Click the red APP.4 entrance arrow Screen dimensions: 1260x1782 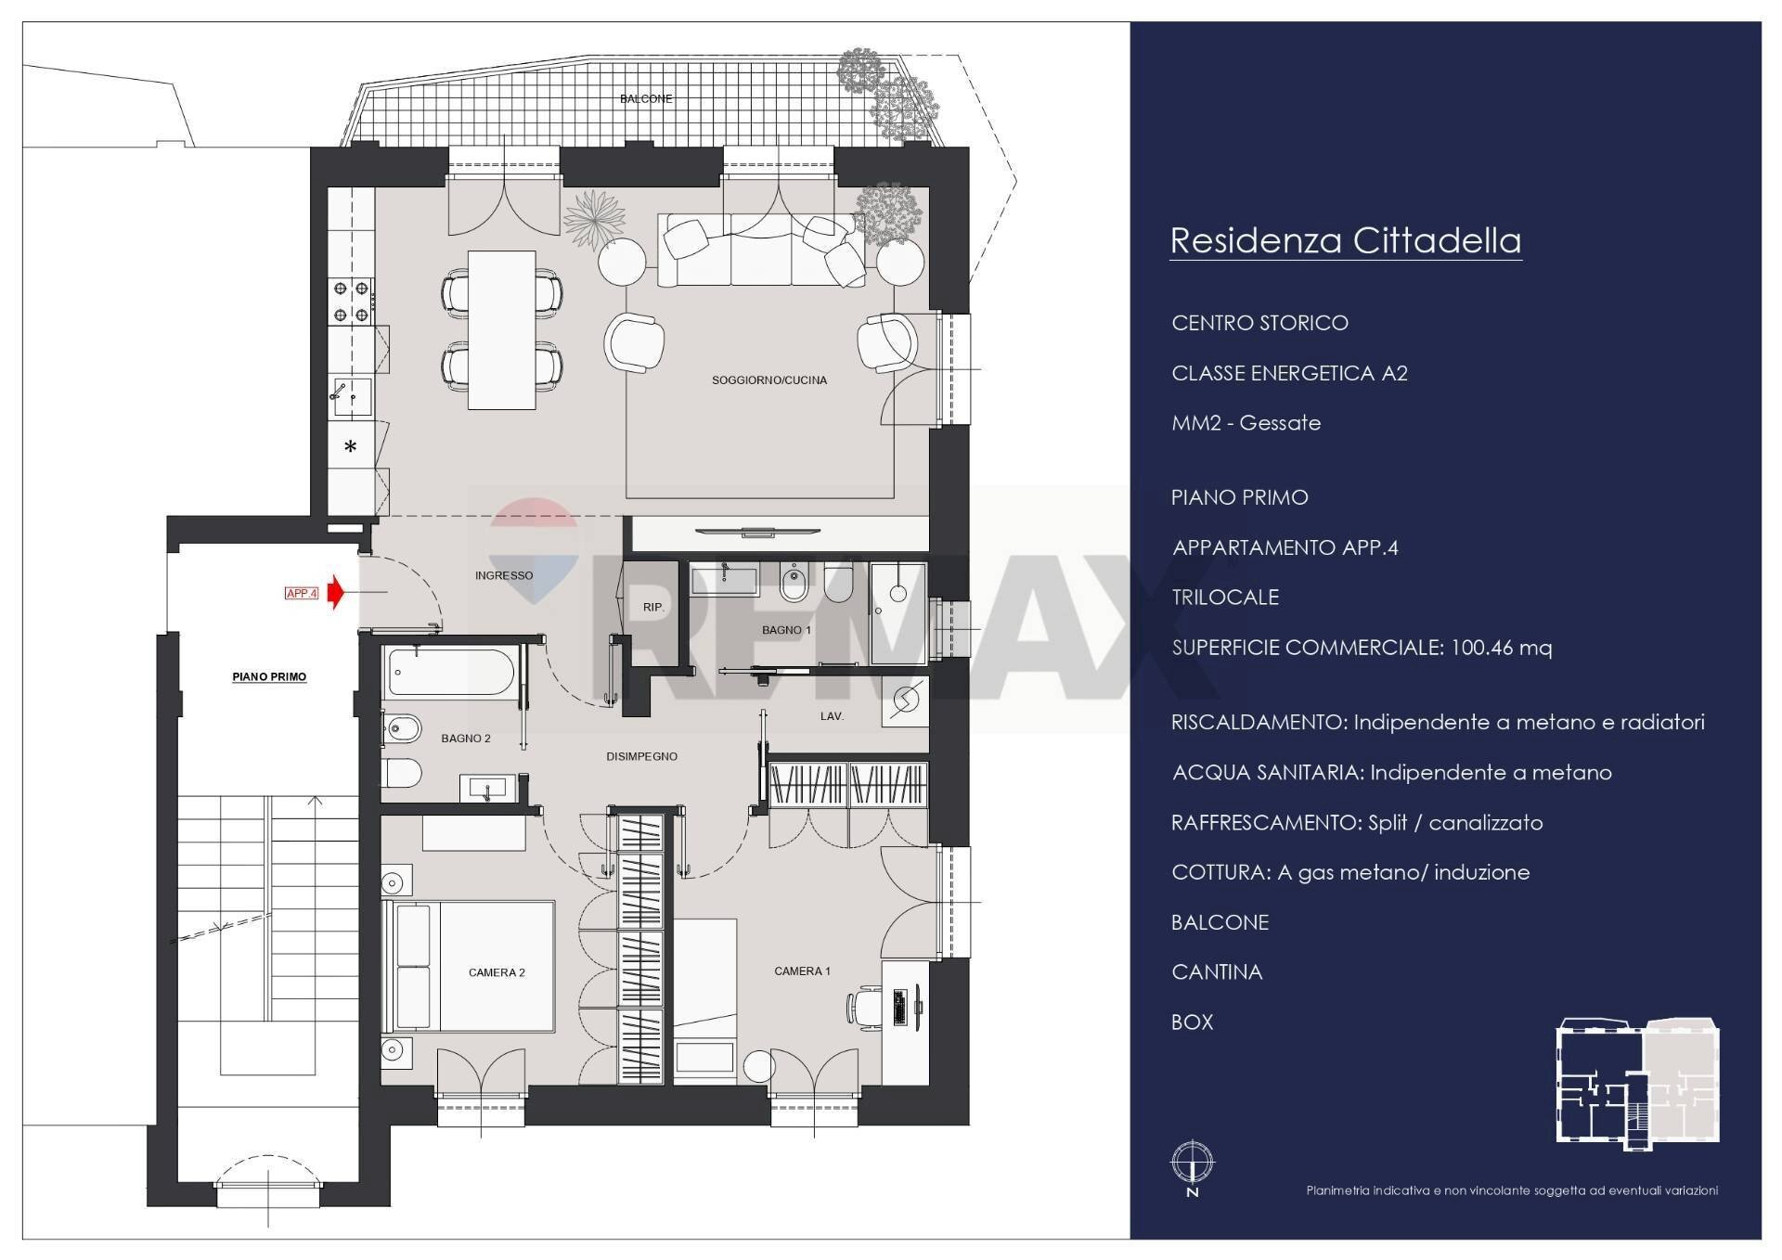(336, 592)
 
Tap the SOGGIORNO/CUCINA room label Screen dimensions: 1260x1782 (768, 380)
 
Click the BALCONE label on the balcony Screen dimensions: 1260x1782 (646, 98)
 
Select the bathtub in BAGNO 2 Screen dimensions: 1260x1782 (450, 672)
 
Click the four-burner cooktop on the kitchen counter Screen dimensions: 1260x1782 (352, 302)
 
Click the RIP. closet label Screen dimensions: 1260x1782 (652, 608)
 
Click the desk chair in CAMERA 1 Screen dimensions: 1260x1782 (862, 1008)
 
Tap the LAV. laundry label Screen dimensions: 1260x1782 (832, 716)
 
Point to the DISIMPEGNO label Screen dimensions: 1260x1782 (641, 757)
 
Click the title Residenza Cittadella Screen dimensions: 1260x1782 (1345, 240)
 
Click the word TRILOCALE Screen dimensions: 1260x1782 (1225, 598)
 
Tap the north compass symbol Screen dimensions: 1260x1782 (1193, 1164)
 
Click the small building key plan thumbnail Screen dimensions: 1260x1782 (1637, 1085)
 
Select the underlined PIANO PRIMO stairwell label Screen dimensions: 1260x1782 (269, 677)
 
